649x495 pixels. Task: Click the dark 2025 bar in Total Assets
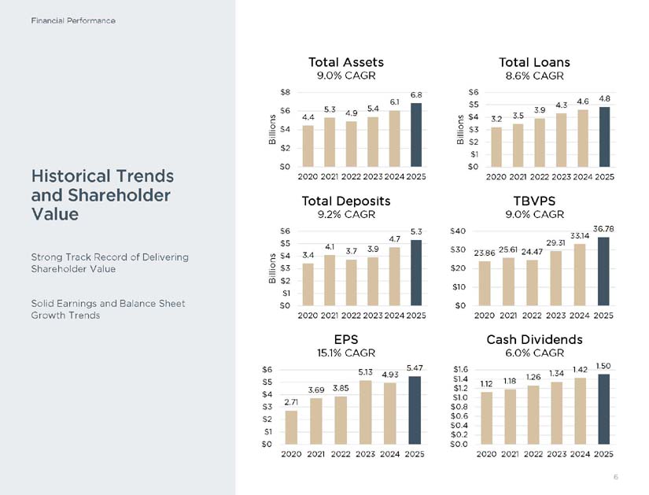[416, 135]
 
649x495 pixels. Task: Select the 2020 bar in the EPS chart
[291, 427]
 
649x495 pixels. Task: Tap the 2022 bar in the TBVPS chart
[532, 283]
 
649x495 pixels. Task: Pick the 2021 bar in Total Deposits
[330, 280]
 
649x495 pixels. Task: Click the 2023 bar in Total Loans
[561, 140]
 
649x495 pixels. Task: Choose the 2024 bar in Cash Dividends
[580, 411]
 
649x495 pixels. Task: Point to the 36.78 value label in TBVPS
[603, 229]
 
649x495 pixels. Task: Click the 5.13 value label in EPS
[366, 372]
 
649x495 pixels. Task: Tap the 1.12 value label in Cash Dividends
[486, 384]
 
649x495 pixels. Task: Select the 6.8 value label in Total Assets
[416, 95]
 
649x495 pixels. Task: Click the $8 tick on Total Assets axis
[286, 92]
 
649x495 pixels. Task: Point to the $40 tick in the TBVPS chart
[458, 231]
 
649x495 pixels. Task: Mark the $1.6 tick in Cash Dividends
[460, 369]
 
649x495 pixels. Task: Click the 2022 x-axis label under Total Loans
[540, 177]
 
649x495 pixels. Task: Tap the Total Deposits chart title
[346, 201]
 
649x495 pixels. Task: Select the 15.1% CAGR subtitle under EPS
[346, 353]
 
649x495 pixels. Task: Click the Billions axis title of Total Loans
[460, 129]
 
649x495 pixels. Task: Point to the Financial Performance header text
[73, 20]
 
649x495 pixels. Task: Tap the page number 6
[616, 477]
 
